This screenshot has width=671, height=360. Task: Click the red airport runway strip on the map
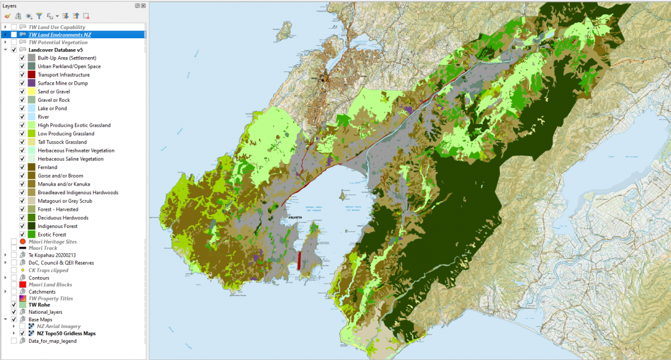(299, 260)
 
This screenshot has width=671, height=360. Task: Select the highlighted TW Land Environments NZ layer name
(60, 35)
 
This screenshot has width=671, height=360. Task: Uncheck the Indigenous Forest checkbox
(22, 226)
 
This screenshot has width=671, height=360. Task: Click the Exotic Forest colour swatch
(32, 234)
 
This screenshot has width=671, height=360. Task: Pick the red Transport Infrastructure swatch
(32, 75)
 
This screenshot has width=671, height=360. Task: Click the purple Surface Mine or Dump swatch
(32, 83)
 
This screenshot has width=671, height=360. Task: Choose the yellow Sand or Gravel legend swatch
(32, 91)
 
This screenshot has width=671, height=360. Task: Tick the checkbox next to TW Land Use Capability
(14, 27)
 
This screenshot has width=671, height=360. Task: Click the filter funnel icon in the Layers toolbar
(39, 16)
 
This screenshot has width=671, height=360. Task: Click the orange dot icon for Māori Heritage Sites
(23, 242)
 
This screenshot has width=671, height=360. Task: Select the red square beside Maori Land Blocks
(23, 285)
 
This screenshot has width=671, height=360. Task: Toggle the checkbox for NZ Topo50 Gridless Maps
(22, 333)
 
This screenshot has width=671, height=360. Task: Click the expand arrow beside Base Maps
(5, 319)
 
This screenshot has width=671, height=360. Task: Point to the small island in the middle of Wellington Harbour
(342, 196)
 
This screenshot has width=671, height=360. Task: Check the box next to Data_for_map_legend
(14, 341)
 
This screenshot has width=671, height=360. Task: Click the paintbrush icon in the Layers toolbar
(7, 16)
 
